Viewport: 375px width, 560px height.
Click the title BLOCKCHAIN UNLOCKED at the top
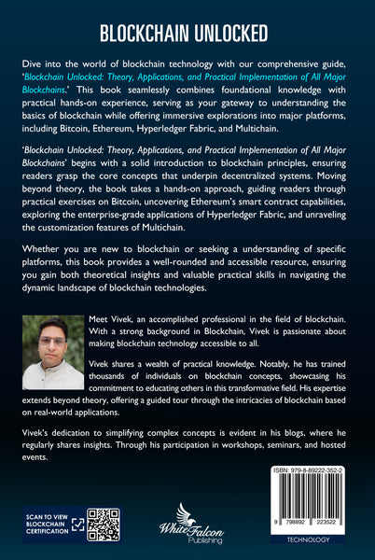tap(187, 35)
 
